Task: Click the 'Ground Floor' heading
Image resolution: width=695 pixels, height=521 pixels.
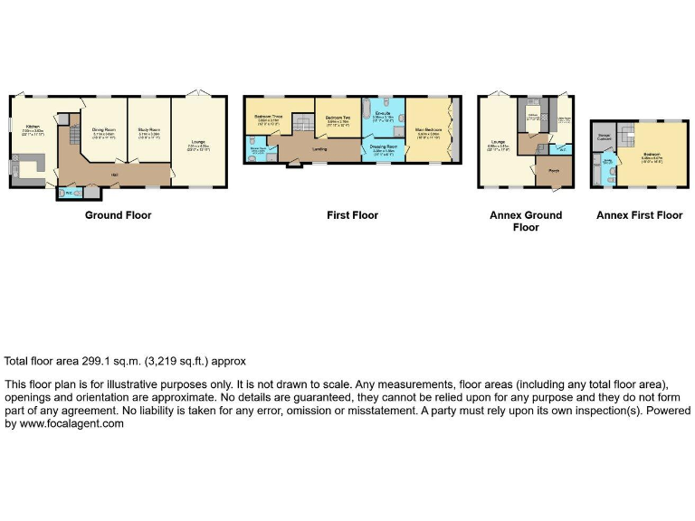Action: tap(118, 215)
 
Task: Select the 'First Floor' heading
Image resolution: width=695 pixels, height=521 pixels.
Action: tap(352, 215)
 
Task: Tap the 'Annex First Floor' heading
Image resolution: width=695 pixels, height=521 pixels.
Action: tap(638, 215)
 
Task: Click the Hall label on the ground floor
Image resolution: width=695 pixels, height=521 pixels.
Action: tap(115, 174)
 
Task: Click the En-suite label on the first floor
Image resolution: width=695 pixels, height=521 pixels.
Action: tap(383, 113)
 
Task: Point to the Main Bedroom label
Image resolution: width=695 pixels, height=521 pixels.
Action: tap(427, 130)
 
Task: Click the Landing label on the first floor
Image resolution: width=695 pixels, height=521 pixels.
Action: tap(319, 148)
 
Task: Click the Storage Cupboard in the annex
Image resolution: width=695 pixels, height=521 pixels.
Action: tap(605, 137)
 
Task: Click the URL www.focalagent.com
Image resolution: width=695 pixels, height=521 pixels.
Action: tap(70, 424)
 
